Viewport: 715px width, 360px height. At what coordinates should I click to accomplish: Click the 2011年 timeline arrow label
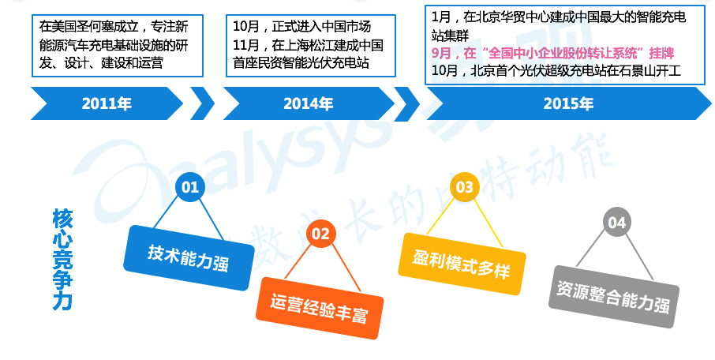coord(107,103)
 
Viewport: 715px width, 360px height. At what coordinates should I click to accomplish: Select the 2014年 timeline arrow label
coord(309,103)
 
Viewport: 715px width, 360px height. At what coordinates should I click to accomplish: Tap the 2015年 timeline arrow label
coord(568,103)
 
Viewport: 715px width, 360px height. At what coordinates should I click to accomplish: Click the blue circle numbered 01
coord(190,186)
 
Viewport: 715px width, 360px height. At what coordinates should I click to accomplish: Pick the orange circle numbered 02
coord(320,234)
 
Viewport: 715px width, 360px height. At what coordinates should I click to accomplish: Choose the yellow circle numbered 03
coord(465,187)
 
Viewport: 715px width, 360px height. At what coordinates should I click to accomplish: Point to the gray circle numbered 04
coord(616,222)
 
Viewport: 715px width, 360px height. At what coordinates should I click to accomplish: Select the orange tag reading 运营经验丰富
coord(319,308)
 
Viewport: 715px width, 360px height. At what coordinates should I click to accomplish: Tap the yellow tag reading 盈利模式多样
coord(462,264)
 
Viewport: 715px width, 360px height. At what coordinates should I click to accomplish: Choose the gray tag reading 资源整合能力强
coord(613,297)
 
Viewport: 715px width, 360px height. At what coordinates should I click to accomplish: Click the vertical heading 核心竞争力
coord(62,259)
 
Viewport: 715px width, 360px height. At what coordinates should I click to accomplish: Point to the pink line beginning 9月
coord(552,54)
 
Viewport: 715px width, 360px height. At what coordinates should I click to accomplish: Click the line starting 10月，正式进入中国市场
coord(302,27)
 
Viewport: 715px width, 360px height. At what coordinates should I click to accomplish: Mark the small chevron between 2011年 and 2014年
coord(202,103)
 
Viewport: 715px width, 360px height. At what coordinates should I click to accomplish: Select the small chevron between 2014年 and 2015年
coord(406,104)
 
